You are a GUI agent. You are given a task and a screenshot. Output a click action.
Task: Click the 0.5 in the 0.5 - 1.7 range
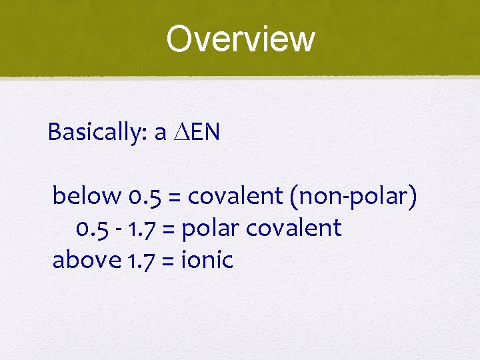[90, 229]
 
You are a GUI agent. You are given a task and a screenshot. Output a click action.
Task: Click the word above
[86, 260]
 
